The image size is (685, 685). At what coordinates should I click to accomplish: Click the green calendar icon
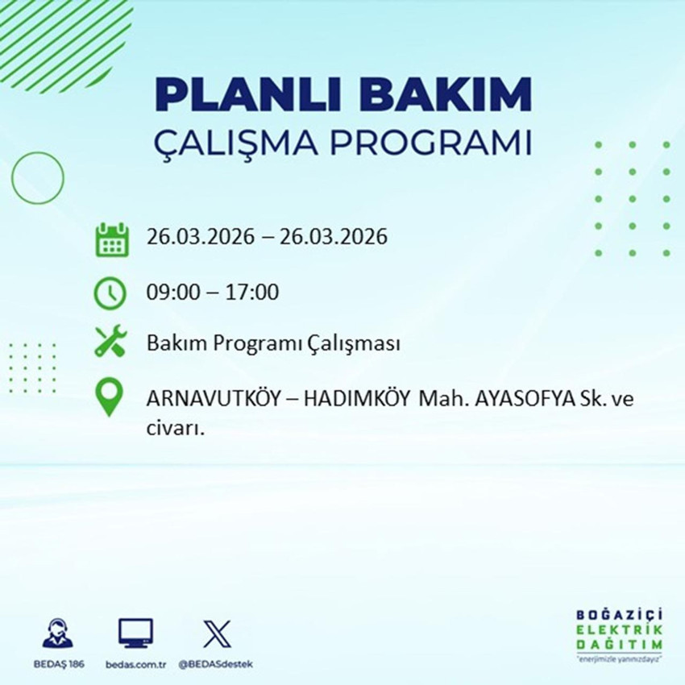112,239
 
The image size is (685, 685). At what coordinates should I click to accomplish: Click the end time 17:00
255,292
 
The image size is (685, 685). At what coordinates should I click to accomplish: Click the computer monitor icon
135,634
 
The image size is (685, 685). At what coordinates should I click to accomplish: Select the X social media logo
216,634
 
